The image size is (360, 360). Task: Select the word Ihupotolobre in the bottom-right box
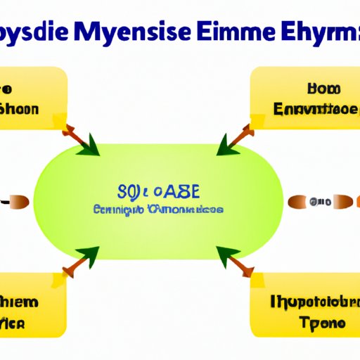309,304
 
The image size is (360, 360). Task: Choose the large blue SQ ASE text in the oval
159,193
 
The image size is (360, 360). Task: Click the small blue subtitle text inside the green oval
157,210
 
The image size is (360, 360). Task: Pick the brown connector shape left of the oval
18,202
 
